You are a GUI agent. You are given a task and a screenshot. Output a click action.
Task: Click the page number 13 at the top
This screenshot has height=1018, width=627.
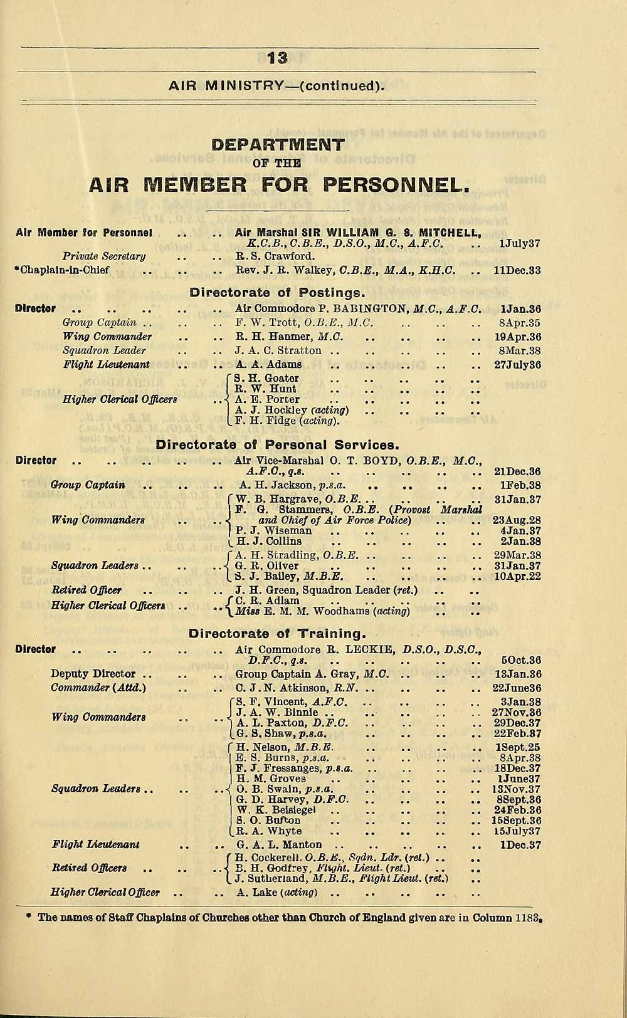tap(277, 58)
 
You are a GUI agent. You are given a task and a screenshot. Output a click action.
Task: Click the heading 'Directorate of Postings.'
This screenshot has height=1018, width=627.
tap(277, 293)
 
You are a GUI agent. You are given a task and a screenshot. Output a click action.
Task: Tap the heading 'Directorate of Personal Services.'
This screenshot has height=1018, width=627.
tap(277, 445)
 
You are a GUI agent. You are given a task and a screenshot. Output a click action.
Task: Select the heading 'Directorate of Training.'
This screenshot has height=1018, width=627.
tap(277, 634)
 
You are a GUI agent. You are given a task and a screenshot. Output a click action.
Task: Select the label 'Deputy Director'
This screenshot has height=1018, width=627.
tap(93, 674)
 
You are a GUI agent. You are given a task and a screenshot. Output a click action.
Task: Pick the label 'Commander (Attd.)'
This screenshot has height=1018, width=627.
tap(98, 688)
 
